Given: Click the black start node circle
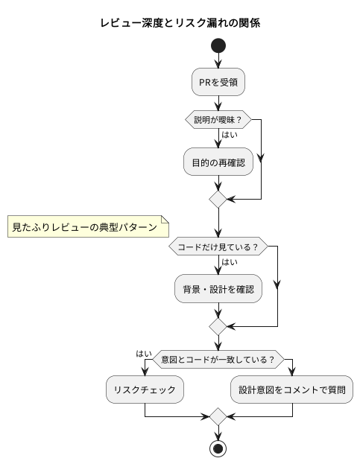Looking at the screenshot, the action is click(218, 45).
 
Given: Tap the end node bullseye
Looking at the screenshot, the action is click(218, 448).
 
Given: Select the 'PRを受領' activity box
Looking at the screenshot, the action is click(218, 82).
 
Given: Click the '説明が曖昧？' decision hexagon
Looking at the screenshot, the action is click(218, 120).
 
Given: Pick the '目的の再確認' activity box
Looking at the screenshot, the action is click(218, 162).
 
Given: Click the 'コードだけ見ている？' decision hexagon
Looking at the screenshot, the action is click(218, 247).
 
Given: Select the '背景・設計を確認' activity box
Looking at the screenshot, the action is click(218, 288).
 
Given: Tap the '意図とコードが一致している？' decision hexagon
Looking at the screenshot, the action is click(218, 359).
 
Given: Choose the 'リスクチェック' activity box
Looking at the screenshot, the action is click(145, 390).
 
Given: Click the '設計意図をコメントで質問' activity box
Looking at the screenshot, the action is click(291, 390).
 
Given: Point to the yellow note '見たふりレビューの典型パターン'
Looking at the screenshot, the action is click(88, 226).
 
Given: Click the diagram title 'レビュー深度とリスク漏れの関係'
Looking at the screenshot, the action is click(180, 23).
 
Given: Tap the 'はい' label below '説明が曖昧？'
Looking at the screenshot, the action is click(230, 135).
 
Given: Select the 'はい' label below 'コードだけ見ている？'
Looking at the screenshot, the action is click(230, 262).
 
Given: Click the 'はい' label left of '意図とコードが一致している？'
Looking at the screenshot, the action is click(144, 354).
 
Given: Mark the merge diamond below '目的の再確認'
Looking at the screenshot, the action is click(218, 199).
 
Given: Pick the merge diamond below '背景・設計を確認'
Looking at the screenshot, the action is click(218, 327).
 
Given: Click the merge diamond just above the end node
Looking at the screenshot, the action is click(218, 416).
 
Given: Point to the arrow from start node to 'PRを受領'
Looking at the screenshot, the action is click(218, 60).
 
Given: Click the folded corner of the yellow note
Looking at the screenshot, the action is click(165, 219).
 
